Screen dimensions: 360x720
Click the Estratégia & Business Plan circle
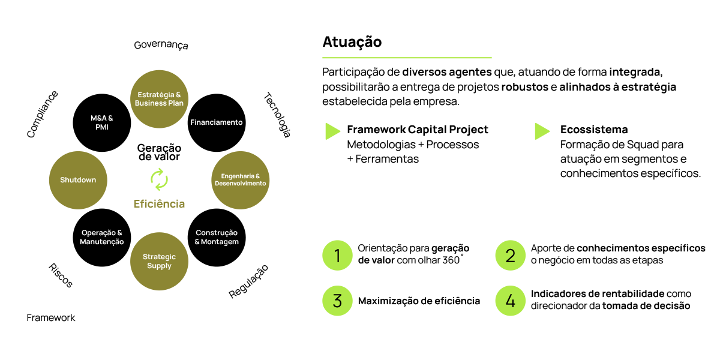click(159, 99)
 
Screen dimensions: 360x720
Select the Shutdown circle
click(78, 179)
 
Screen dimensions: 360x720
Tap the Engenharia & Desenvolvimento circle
click(240, 179)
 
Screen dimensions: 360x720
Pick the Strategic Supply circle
click(159, 261)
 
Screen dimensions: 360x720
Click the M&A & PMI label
click(98, 122)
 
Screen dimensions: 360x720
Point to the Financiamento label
click(216, 122)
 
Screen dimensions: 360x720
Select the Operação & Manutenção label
click(102, 237)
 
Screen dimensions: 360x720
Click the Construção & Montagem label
click(217, 237)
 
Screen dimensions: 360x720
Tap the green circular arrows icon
click(159, 179)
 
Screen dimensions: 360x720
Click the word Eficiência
click(159, 204)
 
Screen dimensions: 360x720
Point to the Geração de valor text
click(159, 152)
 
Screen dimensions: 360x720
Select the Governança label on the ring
click(161, 46)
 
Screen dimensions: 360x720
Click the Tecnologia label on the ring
click(277, 115)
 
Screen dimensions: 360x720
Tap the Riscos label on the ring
click(59, 274)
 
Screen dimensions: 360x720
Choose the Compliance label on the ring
click(43, 114)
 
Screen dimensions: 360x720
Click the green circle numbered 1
click(337, 256)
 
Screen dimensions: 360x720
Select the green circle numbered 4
click(510, 301)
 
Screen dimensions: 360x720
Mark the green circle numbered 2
click(510, 256)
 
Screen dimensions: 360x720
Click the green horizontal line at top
click(407, 58)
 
